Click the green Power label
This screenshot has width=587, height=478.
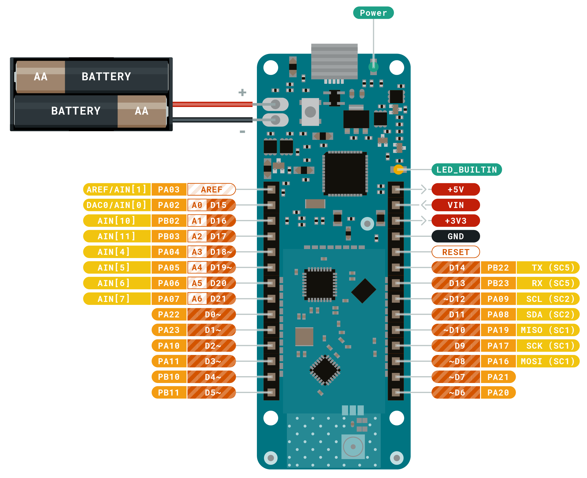point(373,13)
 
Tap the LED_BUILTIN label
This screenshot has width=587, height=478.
point(466,170)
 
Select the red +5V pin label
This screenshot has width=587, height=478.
point(456,189)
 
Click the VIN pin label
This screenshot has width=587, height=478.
point(456,205)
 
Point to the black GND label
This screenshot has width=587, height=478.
point(456,236)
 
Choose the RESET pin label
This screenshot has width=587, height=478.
point(456,252)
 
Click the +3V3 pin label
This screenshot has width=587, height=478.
point(456,221)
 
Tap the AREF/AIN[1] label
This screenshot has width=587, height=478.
point(117,189)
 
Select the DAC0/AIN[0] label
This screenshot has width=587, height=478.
point(117,205)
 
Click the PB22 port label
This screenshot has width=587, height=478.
point(498,268)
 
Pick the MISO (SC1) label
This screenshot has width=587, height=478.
point(548,330)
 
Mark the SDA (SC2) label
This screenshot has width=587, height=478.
point(548,314)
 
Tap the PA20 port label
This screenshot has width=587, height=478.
point(498,393)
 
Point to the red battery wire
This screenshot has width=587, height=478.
point(212,104)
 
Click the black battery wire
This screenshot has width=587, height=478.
point(212,119)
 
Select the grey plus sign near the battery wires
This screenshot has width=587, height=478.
point(242,93)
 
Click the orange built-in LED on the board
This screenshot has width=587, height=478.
point(398,170)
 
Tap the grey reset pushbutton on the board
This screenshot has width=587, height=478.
point(310,112)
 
